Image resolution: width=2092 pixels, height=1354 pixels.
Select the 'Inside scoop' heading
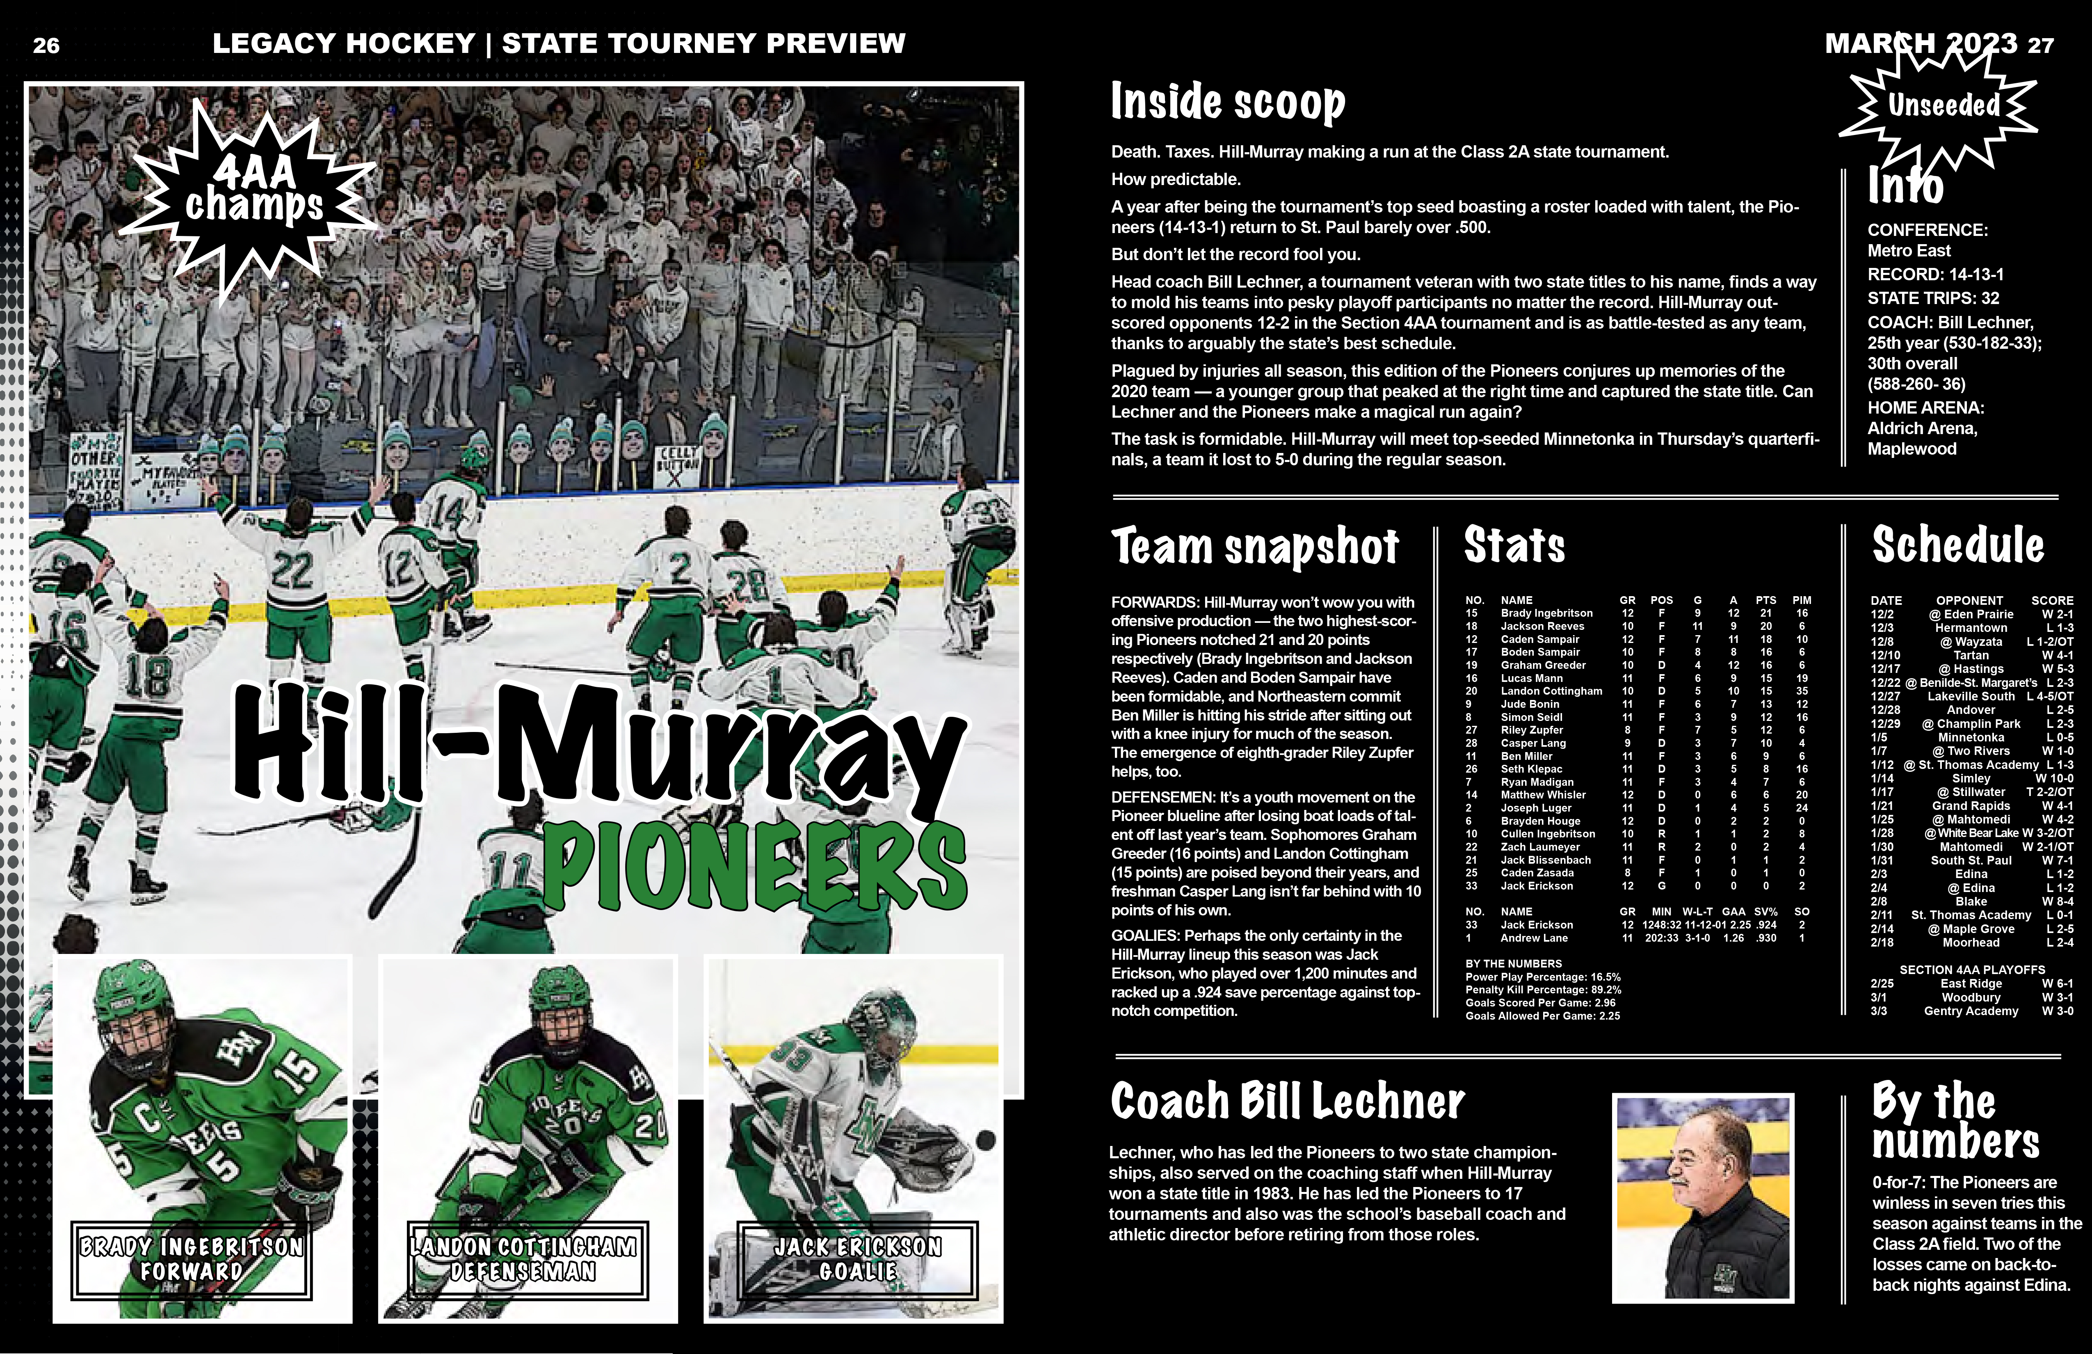click(1227, 102)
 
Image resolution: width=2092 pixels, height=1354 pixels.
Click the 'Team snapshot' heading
click(1254, 547)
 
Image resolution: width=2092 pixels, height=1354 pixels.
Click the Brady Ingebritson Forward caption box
click(192, 1259)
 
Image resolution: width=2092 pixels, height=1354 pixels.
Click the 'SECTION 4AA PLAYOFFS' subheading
click(1971, 970)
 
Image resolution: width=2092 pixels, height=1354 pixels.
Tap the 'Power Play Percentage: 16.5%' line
click(1543, 977)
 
